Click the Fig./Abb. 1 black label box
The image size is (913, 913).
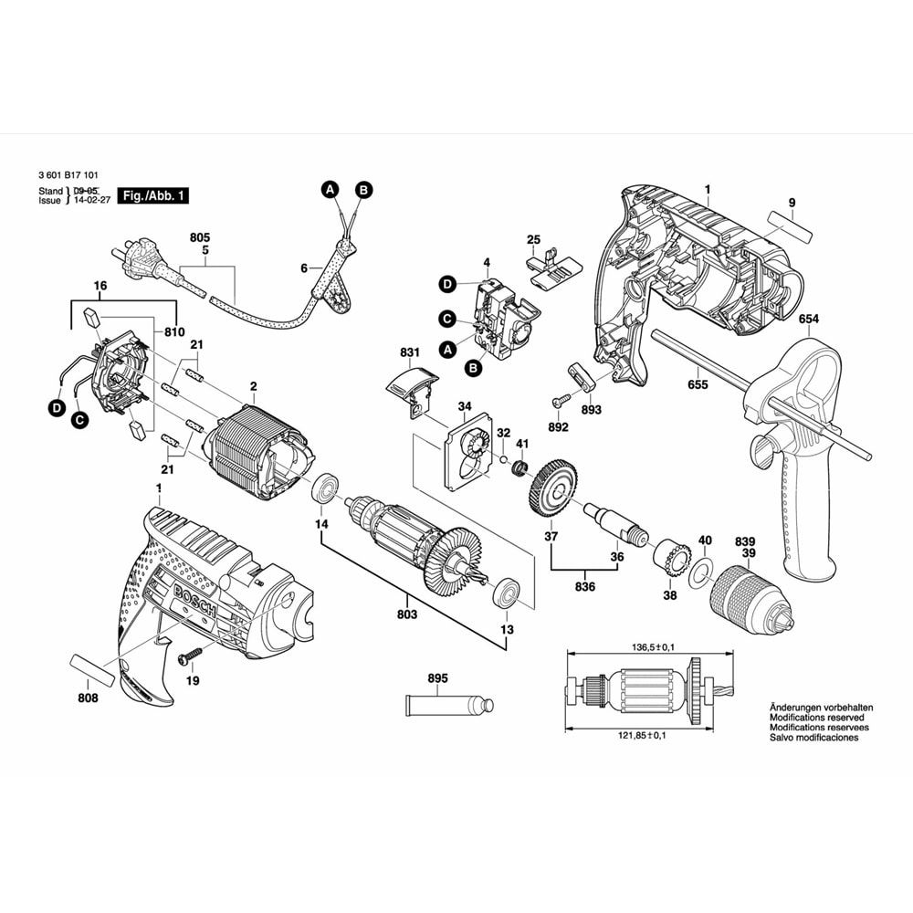[x=153, y=195]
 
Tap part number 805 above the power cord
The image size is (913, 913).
[x=200, y=237]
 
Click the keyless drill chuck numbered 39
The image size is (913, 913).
[x=750, y=603]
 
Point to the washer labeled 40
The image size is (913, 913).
[x=699, y=572]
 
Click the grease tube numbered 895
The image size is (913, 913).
[x=449, y=705]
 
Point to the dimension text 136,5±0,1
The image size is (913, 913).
[x=648, y=647]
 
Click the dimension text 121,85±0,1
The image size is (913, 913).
[x=642, y=735]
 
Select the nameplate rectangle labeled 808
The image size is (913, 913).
[x=92, y=670]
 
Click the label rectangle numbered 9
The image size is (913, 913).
[x=790, y=226]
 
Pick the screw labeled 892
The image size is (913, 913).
[x=563, y=401]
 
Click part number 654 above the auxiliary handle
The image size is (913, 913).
[x=809, y=319]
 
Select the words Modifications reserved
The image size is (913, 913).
[x=816, y=718]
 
